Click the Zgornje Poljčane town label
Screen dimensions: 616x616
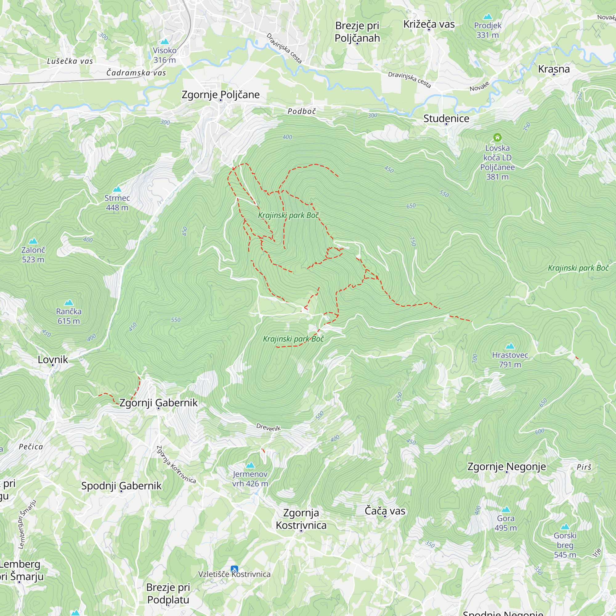click(x=220, y=95)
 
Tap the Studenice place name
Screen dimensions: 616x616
click(x=446, y=119)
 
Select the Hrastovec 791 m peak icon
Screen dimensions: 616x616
click(x=510, y=346)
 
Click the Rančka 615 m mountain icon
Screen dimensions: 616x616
click(x=69, y=302)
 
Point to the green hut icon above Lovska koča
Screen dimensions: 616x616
click(x=497, y=137)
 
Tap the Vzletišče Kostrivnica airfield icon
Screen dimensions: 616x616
click(x=234, y=569)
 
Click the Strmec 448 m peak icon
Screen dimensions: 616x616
click(x=117, y=189)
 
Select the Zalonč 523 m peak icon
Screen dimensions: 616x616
click(x=33, y=241)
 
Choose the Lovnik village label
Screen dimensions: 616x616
click(x=53, y=360)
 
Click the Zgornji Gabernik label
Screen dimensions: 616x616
click(x=158, y=403)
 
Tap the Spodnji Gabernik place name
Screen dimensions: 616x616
click(x=121, y=486)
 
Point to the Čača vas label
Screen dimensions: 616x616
click(x=385, y=511)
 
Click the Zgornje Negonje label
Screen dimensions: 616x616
click(x=506, y=467)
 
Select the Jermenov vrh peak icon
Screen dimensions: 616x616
click(x=250, y=465)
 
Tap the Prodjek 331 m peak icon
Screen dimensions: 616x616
click(x=488, y=17)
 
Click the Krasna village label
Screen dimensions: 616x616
click(x=554, y=69)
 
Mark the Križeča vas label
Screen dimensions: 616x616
click(x=428, y=24)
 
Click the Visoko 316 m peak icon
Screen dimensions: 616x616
click(x=164, y=42)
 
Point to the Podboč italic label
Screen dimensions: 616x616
click(x=302, y=111)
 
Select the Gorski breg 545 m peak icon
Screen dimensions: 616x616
click(x=565, y=526)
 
